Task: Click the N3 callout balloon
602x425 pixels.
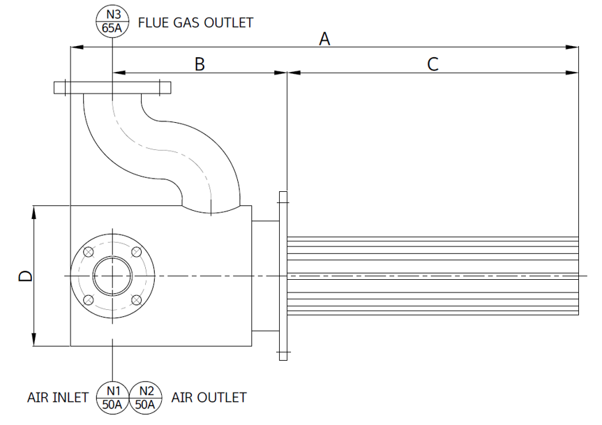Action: point(113,22)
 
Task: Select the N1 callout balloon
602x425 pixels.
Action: point(112,396)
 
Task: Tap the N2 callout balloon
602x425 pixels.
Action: point(146,396)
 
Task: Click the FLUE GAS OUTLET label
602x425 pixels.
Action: point(195,22)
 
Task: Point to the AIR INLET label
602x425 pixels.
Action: point(58,397)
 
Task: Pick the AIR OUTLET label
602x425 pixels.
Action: point(209,397)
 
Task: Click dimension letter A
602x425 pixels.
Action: point(324,39)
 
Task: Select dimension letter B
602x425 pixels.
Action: point(200,64)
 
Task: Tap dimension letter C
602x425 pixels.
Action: point(432,64)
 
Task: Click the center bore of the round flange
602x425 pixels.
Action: point(112,276)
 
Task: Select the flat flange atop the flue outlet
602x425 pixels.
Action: point(112,88)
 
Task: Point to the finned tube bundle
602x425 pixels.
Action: point(432,276)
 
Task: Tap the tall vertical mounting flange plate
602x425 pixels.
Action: point(283,276)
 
